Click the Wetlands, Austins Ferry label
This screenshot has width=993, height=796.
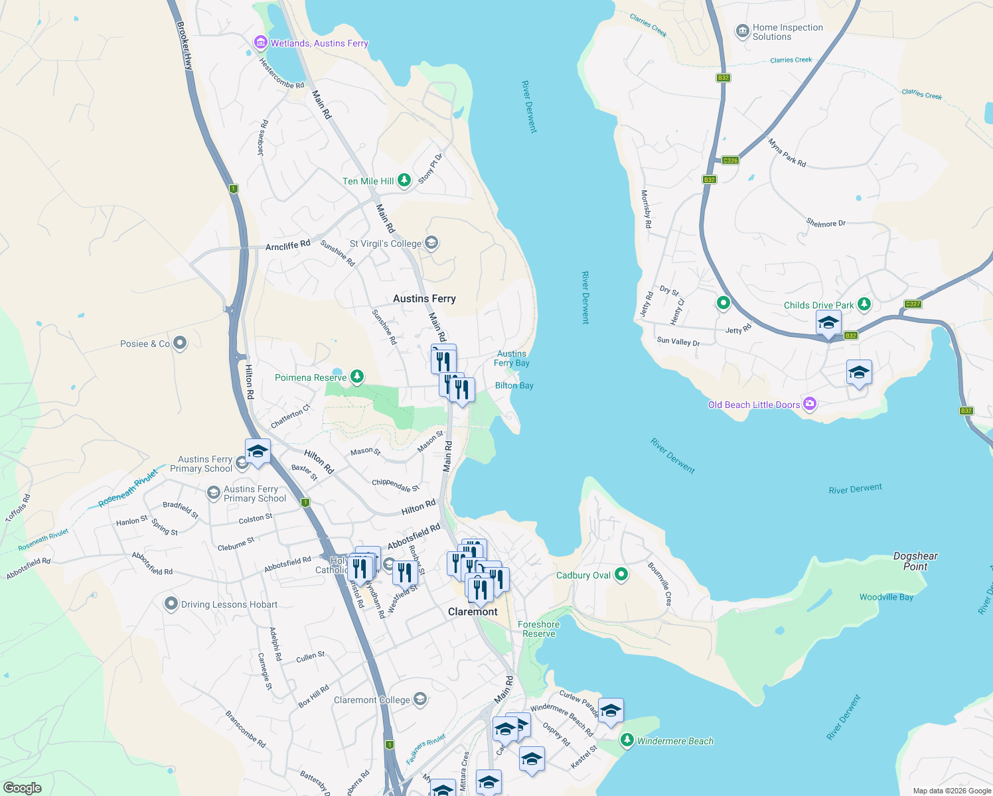pyautogui.click(x=319, y=44)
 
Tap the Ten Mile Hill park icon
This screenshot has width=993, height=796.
pyautogui.click(x=404, y=180)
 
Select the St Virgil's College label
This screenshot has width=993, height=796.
pyautogui.click(x=386, y=243)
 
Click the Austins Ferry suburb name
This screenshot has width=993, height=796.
pyautogui.click(x=424, y=298)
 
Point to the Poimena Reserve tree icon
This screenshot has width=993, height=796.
pyautogui.click(x=357, y=377)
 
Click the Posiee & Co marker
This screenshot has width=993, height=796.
pyautogui.click(x=180, y=343)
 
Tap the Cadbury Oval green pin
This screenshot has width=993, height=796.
pyautogui.click(x=621, y=574)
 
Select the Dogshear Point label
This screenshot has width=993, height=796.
pyautogui.click(x=915, y=561)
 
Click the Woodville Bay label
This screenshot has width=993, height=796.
pyautogui.click(x=886, y=597)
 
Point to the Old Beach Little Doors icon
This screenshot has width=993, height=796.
pyautogui.click(x=809, y=404)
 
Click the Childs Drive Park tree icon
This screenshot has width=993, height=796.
pyautogui.click(x=864, y=304)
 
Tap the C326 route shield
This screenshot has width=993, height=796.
pyautogui.click(x=730, y=161)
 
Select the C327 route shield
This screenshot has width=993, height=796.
pyautogui.click(x=913, y=304)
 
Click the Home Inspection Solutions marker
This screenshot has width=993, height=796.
pyautogui.click(x=742, y=31)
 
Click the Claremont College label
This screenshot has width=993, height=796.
pyautogui.click(x=372, y=700)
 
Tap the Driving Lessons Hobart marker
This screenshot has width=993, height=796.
pyautogui.click(x=171, y=604)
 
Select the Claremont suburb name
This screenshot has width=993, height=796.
pyautogui.click(x=473, y=612)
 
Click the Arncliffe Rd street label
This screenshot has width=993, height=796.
pyautogui.click(x=287, y=246)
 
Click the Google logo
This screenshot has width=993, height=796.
pyautogui.click(x=23, y=787)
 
